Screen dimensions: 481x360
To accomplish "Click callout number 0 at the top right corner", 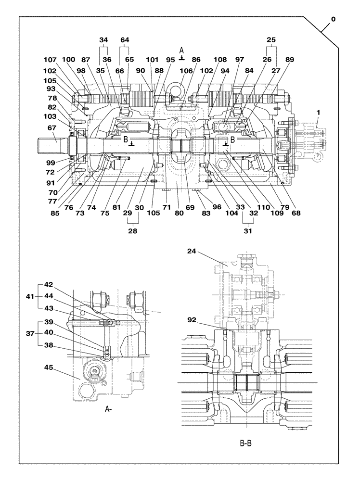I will point(333,20).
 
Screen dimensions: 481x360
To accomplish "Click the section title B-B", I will point(245,443).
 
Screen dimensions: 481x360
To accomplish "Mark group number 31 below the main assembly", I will point(248,231).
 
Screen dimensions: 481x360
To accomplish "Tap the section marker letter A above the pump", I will point(181,50).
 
